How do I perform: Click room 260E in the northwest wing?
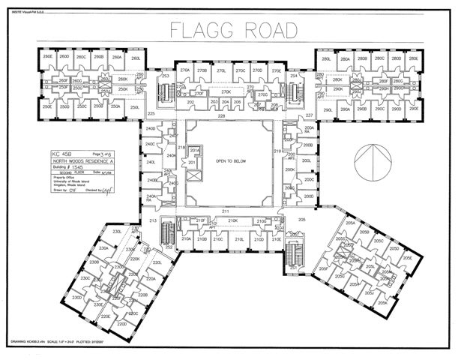pyautogui.click(x=48, y=57)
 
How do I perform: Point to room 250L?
pyautogui.click(x=134, y=107)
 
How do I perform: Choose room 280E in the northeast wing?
pyautogui.click(x=413, y=58)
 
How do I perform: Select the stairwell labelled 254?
pyautogui.click(x=295, y=76)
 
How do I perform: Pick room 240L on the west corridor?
pyautogui.click(x=151, y=162)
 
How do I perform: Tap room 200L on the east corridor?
pyautogui.click(x=306, y=160)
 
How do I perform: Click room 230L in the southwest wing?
pyautogui.click(x=116, y=232)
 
